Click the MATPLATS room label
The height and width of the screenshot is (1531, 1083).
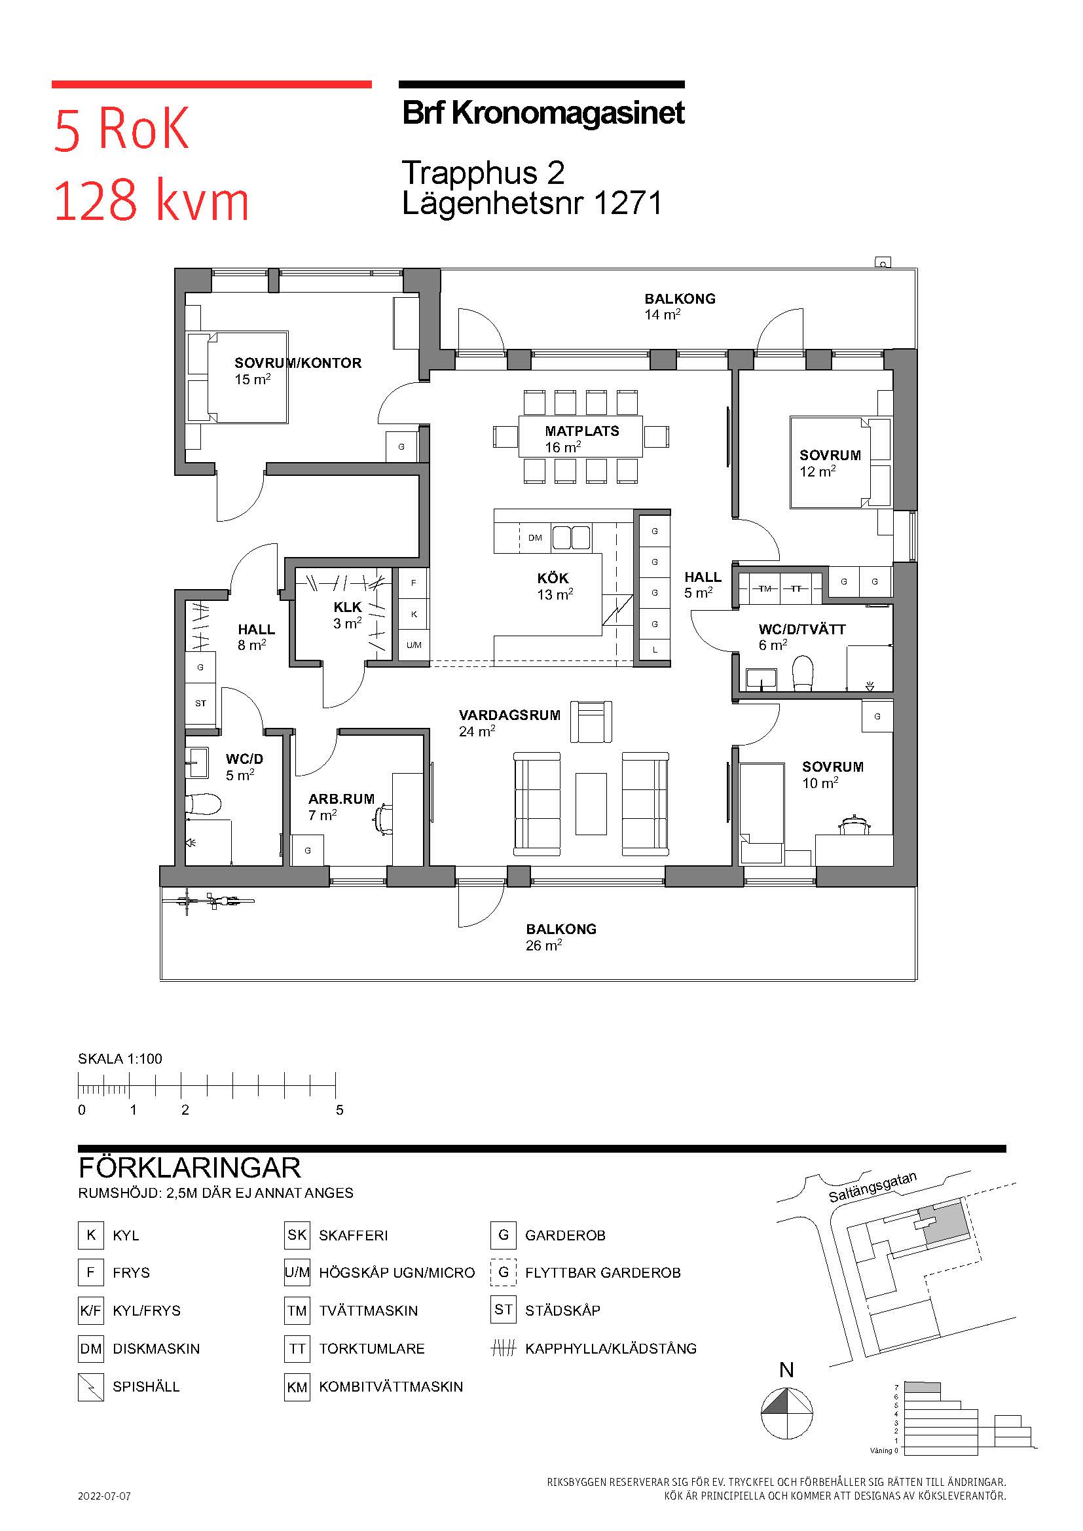(x=581, y=431)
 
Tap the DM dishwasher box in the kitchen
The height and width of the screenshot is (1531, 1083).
(x=535, y=538)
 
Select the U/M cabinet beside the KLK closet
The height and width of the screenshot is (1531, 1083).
(x=413, y=645)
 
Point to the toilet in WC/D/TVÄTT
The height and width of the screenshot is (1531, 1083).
(x=802, y=674)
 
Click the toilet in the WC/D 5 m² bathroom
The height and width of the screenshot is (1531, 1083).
(x=203, y=804)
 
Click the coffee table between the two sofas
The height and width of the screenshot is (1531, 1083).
(x=591, y=804)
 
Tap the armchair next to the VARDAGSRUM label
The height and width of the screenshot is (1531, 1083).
(x=591, y=721)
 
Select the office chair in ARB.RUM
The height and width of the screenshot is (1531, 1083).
(x=383, y=819)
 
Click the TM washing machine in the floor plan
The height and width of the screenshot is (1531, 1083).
(x=765, y=589)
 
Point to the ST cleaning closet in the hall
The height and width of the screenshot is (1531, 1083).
(x=201, y=704)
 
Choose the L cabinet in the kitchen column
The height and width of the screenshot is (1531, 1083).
(x=655, y=649)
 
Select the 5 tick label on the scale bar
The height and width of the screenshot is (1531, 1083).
(x=339, y=1110)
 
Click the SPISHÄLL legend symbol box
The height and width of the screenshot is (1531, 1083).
(x=91, y=1386)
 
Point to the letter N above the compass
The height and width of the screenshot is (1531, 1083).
(x=787, y=1370)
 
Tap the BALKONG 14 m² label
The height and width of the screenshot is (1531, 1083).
(x=680, y=307)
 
